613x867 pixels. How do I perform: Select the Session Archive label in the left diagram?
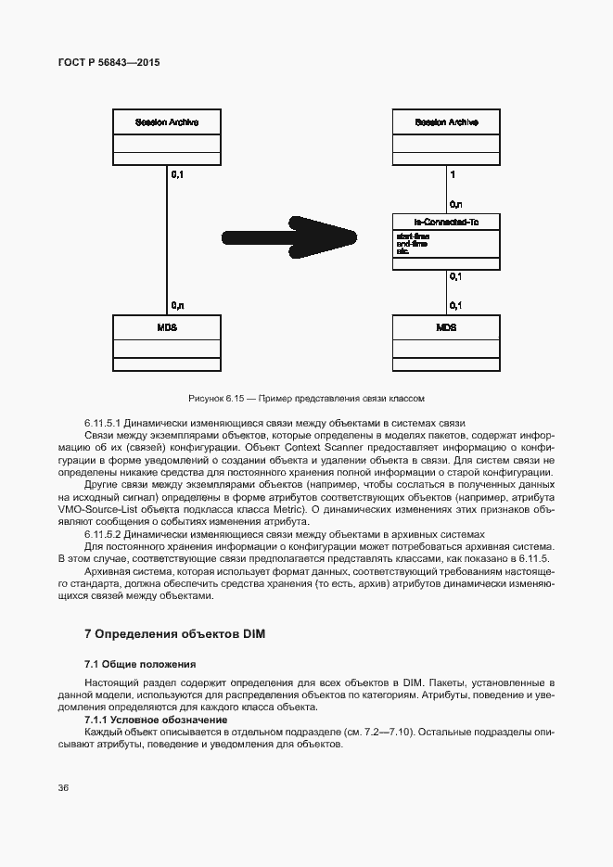click(167, 121)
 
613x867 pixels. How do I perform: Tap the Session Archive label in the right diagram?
click(446, 121)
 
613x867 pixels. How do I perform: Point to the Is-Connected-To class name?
click(446, 222)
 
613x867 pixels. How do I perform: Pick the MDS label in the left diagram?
click(167, 328)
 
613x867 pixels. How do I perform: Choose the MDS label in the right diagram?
click(446, 328)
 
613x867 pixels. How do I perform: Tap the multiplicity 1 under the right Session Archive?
click(452, 173)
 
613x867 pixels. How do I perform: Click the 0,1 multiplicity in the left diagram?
click(177, 173)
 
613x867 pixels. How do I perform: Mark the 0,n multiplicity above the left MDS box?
click(177, 305)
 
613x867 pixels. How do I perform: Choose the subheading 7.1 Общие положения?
click(140, 665)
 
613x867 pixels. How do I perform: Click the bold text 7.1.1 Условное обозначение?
click(156, 720)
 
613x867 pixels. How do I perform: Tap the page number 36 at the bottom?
click(64, 788)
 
